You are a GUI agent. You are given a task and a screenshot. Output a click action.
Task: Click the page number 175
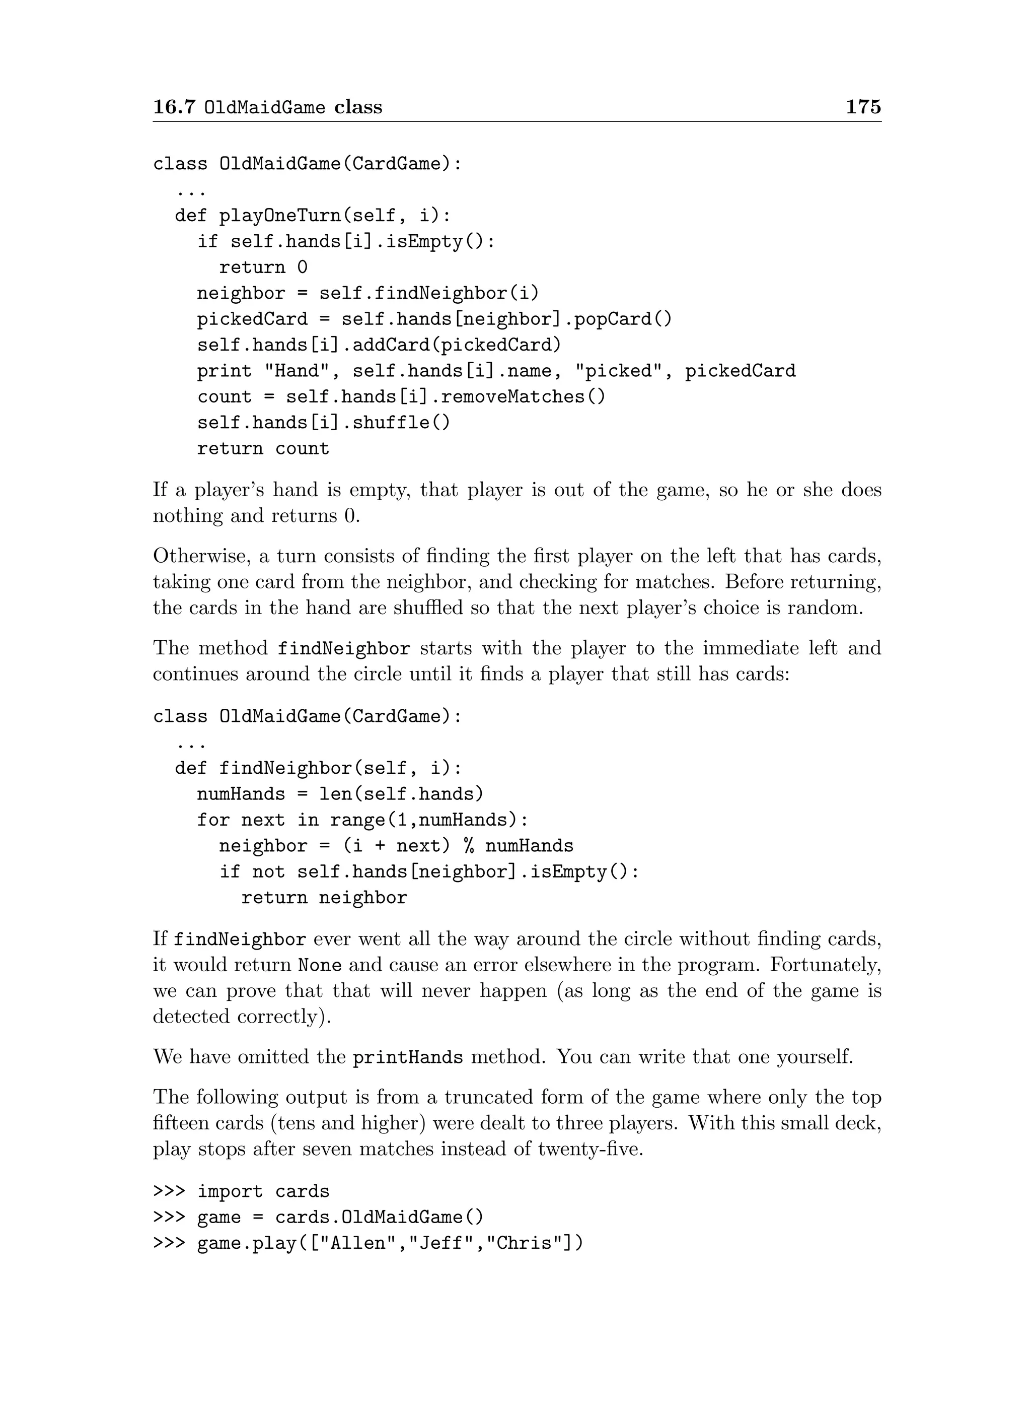(863, 107)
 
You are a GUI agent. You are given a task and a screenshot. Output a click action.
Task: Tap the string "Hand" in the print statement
(297, 371)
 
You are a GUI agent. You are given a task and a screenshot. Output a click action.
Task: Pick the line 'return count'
(263, 448)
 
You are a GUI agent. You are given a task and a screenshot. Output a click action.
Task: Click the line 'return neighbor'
(324, 898)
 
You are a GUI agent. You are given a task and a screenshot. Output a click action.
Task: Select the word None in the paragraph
(320, 966)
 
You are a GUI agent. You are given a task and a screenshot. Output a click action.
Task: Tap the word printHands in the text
(408, 1057)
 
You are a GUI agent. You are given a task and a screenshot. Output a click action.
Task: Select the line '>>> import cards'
(241, 1191)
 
